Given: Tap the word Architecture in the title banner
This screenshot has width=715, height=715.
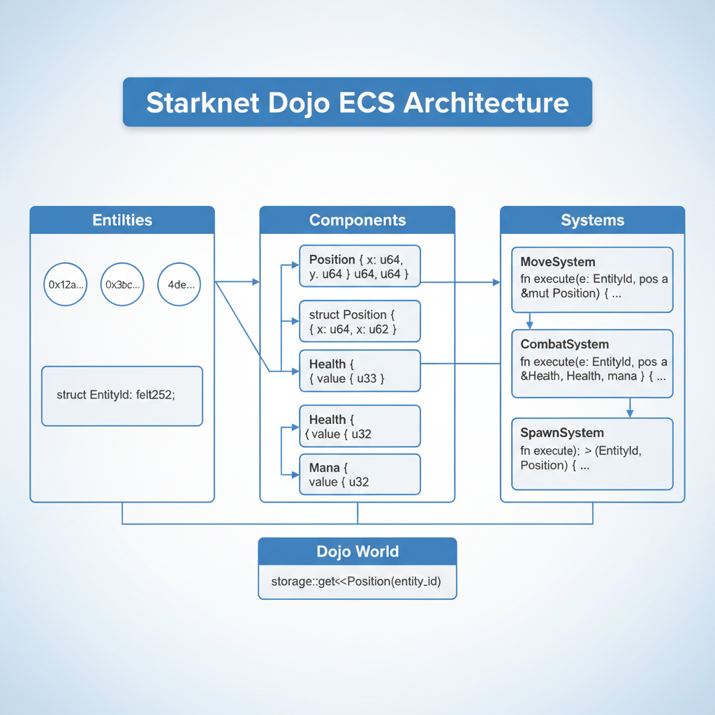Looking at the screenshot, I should (486, 103).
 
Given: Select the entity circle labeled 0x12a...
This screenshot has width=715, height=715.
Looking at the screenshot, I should (66, 284).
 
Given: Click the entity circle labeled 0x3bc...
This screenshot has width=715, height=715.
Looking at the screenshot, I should (123, 284).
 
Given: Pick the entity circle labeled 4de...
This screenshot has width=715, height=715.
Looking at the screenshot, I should (179, 284).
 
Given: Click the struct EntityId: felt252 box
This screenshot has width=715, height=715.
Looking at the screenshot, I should (122, 396).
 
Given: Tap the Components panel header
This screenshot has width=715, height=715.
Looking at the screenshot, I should (357, 220).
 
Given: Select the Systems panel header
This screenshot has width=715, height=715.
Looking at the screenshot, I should (592, 220).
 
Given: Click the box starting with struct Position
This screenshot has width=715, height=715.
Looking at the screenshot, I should (360, 321).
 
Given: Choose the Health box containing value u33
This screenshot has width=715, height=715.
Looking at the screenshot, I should (360, 371).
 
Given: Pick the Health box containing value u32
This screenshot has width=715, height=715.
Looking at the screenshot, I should (360, 426).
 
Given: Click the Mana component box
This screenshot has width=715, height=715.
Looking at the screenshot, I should (360, 474).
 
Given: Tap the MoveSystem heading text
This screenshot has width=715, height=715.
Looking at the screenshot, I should (558, 262).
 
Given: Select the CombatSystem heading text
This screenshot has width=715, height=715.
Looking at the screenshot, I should (565, 344).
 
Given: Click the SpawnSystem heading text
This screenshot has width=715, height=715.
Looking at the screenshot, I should (562, 433).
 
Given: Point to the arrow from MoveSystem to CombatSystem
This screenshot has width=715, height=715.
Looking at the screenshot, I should (529, 321).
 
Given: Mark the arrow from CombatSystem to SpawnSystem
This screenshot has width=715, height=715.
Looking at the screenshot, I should (630, 408).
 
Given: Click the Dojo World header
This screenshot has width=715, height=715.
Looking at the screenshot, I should (357, 551).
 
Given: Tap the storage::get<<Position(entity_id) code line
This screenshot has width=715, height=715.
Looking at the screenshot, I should (356, 582).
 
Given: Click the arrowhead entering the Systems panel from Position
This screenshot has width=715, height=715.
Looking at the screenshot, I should (496, 282).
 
